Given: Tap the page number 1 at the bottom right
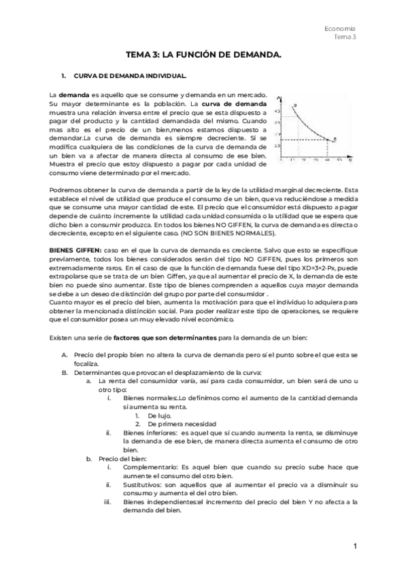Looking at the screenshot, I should (355, 546).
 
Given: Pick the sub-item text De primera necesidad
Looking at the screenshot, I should (177, 423).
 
